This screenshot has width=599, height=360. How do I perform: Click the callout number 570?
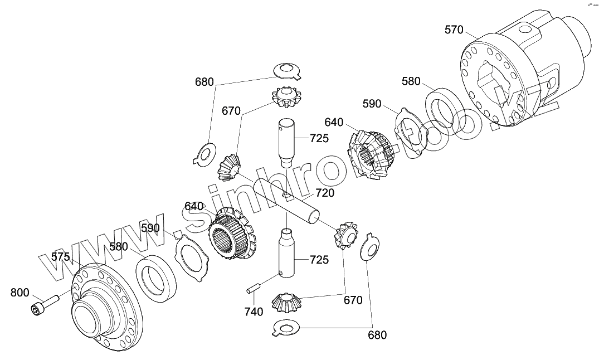(x=454, y=30)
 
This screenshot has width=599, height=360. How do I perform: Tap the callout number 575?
(x=61, y=256)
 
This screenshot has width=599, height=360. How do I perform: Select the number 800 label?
(x=20, y=292)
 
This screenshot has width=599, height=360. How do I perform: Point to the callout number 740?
(x=254, y=312)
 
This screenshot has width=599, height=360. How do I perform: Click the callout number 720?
(x=325, y=193)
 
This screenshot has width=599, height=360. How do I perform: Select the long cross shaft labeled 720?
(x=287, y=201)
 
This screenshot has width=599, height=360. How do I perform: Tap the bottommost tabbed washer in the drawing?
(x=287, y=328)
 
